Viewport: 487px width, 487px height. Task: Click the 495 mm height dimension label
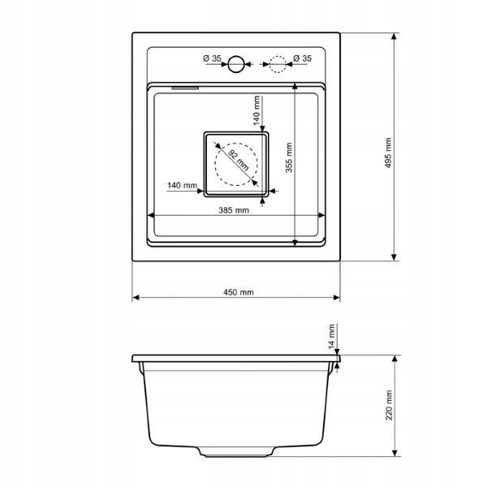click(x=388, y=153)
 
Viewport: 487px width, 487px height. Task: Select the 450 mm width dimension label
click(x=238, y=292)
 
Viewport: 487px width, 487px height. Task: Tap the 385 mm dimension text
click(x=234, y=210)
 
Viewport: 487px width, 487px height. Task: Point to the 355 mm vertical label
click(x=289, y=157)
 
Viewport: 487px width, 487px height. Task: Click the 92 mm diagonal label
click(x=239, y=160)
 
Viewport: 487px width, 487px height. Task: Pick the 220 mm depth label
click(x=389, y=405)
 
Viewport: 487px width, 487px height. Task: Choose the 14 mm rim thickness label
click(x=332, y=336)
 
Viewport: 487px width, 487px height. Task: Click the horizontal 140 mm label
click(x=182, y=185)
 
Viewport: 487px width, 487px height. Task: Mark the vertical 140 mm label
click(x=256, y=110)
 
